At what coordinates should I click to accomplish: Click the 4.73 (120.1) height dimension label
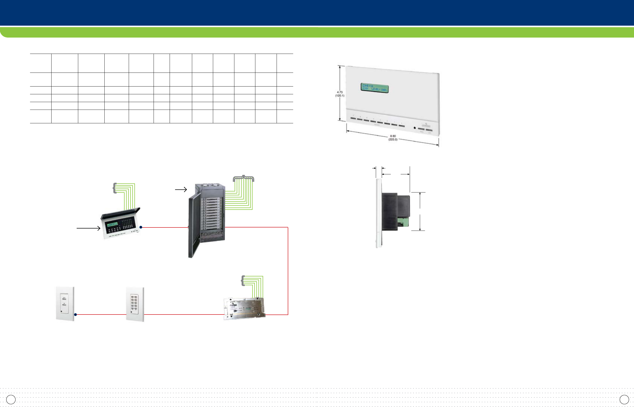pos(340,94)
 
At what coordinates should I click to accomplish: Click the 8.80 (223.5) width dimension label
pos(393,138)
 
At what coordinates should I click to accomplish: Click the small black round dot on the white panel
pos(414,128)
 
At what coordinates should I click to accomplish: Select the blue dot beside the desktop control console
pos(141,227)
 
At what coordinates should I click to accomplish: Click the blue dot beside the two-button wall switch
pos(76,315)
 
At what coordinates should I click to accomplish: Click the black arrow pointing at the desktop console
pos(88,228)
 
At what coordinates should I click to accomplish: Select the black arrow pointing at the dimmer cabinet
pos(181,189)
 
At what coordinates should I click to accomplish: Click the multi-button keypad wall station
pos(135,304)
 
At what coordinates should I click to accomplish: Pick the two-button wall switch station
pos(65,304)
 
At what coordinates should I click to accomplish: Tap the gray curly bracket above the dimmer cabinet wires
pos(243,178)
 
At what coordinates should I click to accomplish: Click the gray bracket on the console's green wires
pos(115,188)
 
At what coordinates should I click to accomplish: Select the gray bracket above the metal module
pos(243,281)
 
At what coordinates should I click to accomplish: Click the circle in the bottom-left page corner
pos(11,399)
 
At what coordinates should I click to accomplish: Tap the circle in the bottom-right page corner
pos(624,399)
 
